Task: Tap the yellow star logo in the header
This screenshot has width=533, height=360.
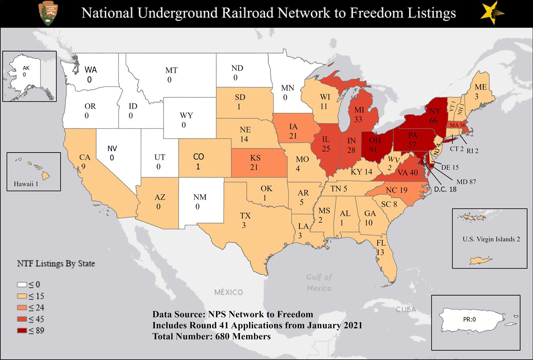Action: [x=492, y=12]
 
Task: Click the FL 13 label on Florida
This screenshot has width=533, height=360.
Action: [x=381, y=248]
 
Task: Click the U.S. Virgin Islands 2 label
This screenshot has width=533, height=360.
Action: [x=491, y=239]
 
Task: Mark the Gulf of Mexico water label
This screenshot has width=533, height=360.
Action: [x=319, y=283]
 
